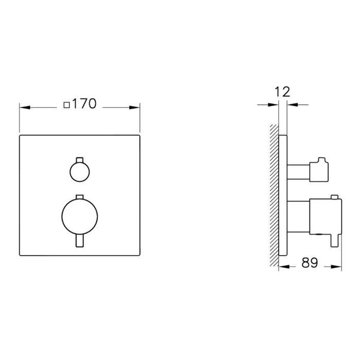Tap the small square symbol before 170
coord(66,105)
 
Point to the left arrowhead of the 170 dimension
coord(24,107)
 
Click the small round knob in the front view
coord(78,171)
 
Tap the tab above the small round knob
coord(78,158)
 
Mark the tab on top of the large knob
coord(78,197)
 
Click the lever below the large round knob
coord(78,240)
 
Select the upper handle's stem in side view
coord(297,170)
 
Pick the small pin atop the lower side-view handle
coord(334,197)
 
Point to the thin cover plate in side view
coord(283,195)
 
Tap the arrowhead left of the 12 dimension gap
coord(275,105)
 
